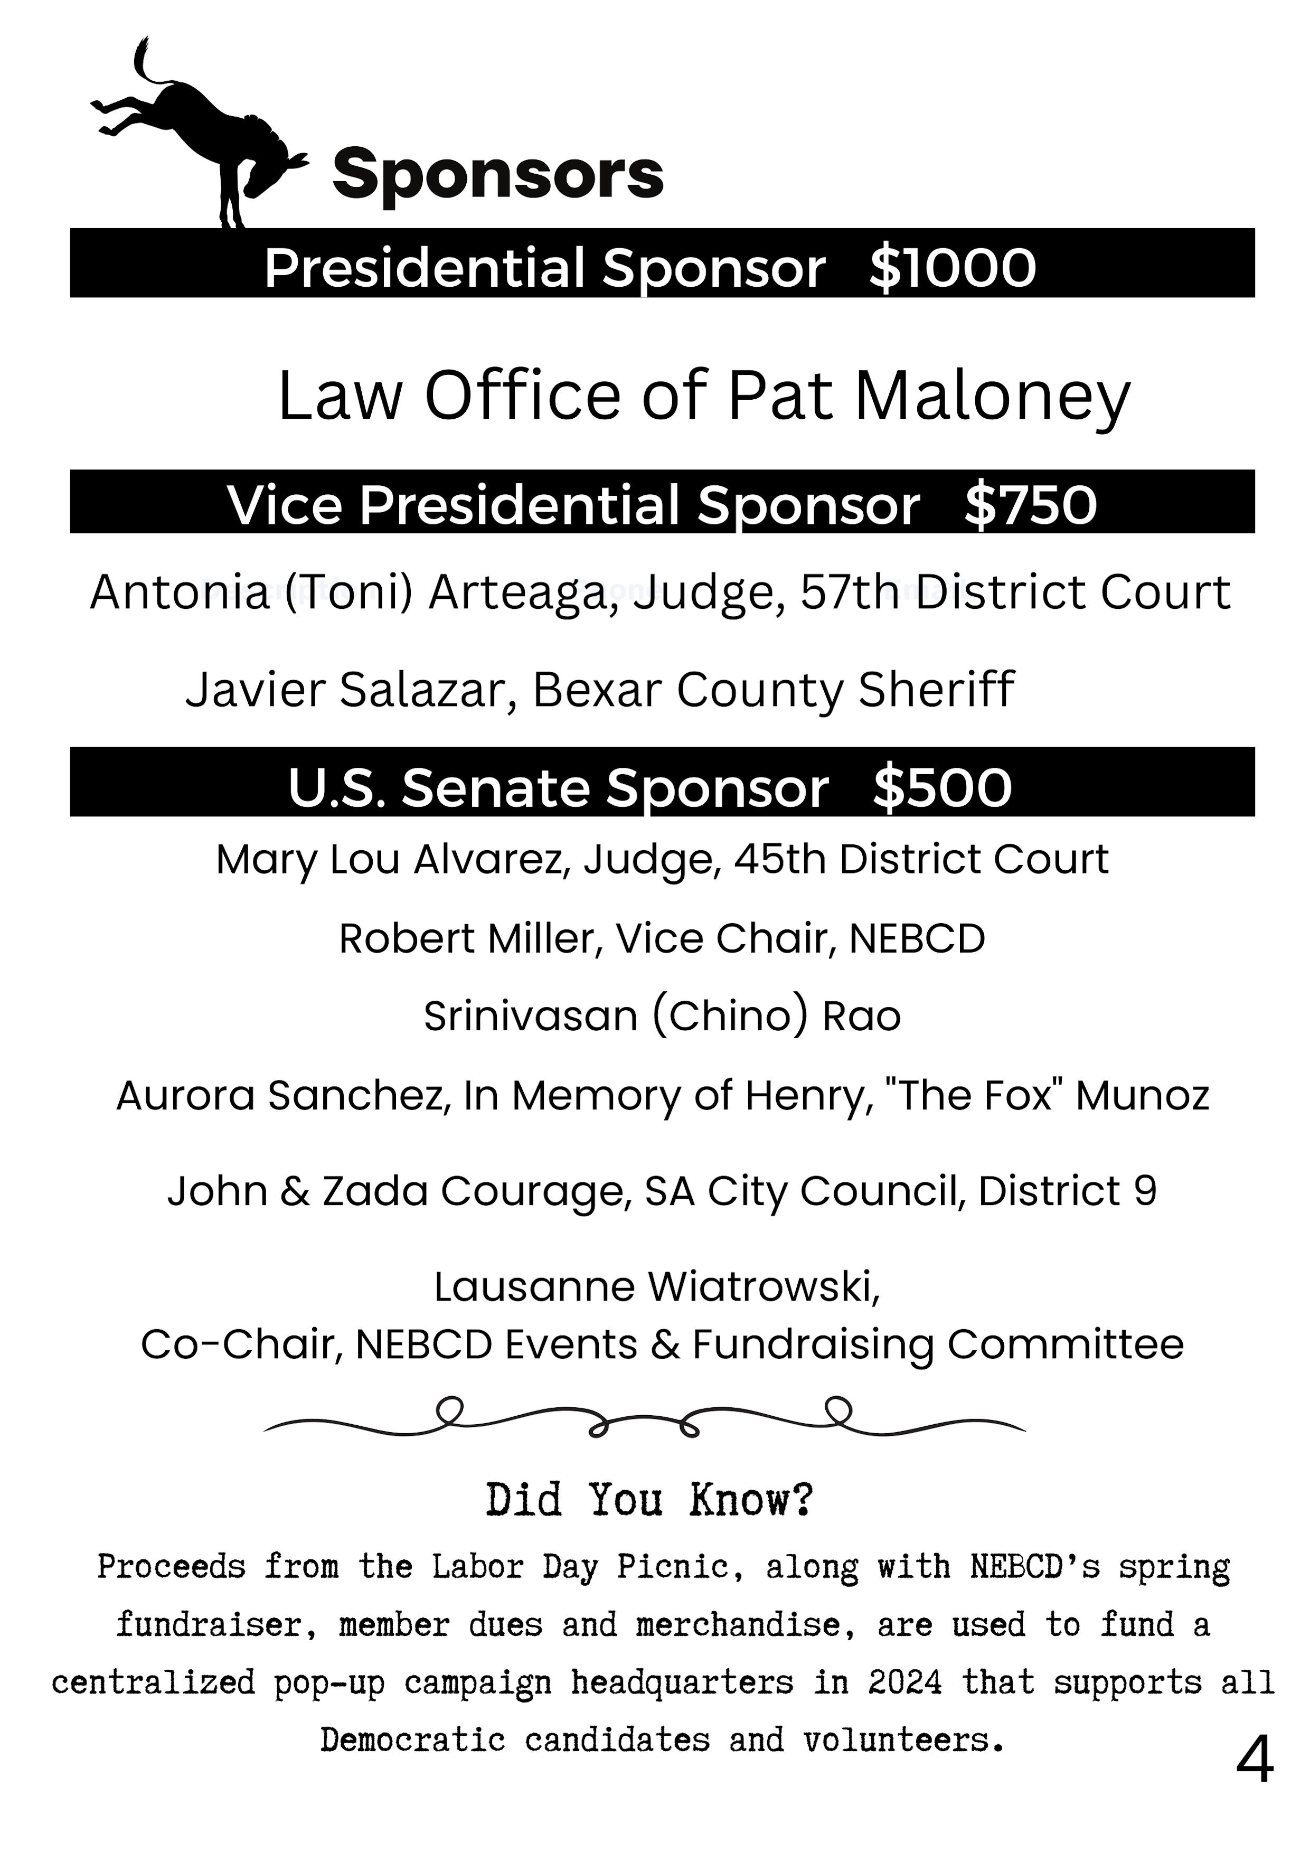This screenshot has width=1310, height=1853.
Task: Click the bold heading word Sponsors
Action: [x=497, y=174]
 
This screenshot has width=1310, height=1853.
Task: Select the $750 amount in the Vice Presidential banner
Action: [x=1031, y=505]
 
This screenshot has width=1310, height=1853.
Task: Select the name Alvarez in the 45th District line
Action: [x=492, y=860]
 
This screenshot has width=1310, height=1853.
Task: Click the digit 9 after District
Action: [x=1145, y=1191]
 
